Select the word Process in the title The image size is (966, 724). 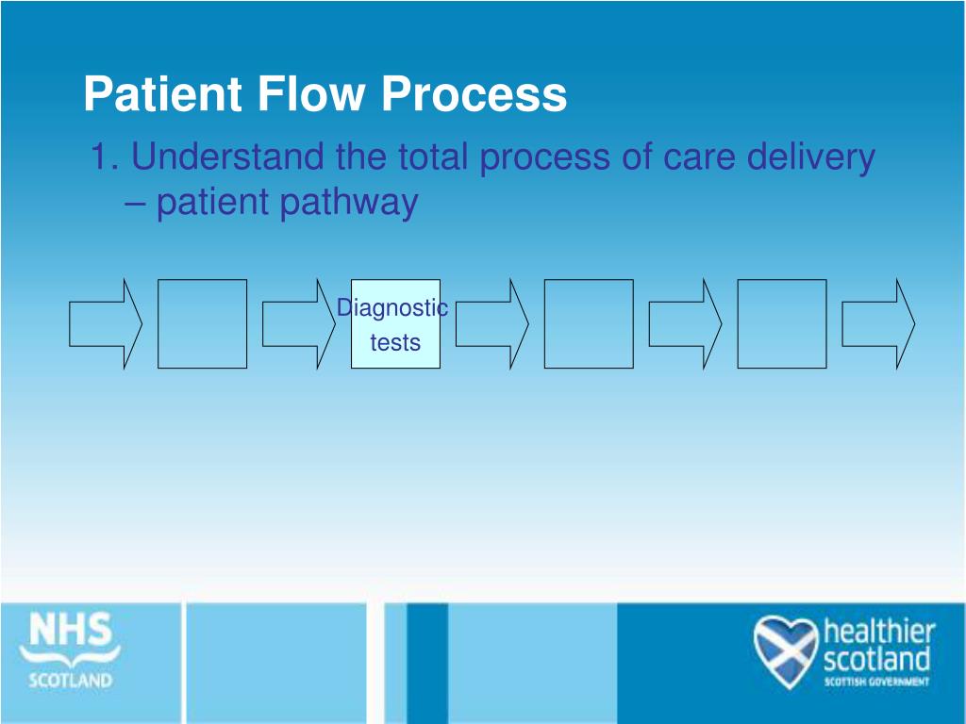click(x=475, y=94)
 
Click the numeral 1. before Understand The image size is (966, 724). click(x=104, y=156)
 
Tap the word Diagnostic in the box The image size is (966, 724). click(x=392, y=307)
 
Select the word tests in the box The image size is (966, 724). click(x=395, y=342)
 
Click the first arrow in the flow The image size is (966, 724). click(x=105, y=323)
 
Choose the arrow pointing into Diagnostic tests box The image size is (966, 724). click(x=298, y=323)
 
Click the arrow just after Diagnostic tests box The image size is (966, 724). click(x=491, y=323)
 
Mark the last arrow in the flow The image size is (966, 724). click(x=878, y=323)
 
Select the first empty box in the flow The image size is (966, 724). click(x=202, y=323)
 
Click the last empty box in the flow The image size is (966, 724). click(x=781, y=323)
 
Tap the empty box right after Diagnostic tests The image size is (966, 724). click(x=589, y=323)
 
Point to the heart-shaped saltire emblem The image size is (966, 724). click(x=785, y=650)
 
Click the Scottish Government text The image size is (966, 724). click(x=877, y=682)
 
